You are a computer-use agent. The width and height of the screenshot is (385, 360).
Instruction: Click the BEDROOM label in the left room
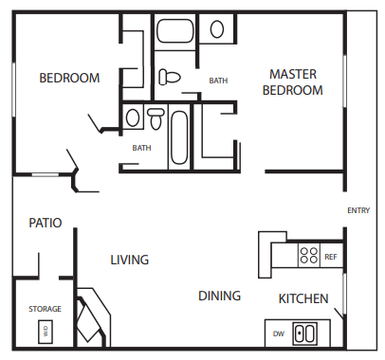click(x=68, y=78)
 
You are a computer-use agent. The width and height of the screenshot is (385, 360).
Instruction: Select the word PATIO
click(x=45, y=224)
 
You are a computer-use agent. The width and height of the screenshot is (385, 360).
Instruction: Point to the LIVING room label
click(x=129, y=260)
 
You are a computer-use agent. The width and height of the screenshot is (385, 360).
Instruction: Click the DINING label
click(x=219, y=296)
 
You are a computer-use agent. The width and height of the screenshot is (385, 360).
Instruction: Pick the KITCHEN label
click(x=302, y=299)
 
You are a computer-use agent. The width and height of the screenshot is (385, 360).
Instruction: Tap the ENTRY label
click(x=359, y=210)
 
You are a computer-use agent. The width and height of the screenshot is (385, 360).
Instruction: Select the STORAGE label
click(x=45, y=309)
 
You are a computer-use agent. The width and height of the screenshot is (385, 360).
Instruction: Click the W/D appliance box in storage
click(x=45, y=332)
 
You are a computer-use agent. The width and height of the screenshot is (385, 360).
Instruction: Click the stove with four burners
click(x=308, y=254)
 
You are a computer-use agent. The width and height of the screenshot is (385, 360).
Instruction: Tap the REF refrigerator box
click(x=331, y=256)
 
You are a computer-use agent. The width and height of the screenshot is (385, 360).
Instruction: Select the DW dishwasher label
click(x=279, y=333)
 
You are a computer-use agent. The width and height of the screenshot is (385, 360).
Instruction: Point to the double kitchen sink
click(x=305, y=333)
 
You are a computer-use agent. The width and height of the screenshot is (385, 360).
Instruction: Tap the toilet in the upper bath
click(x=170, y=77)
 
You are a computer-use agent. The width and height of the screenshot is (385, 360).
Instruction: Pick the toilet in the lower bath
click(x=155, y=119)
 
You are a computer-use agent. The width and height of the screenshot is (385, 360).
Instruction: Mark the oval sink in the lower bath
click(x=133, y=118)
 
